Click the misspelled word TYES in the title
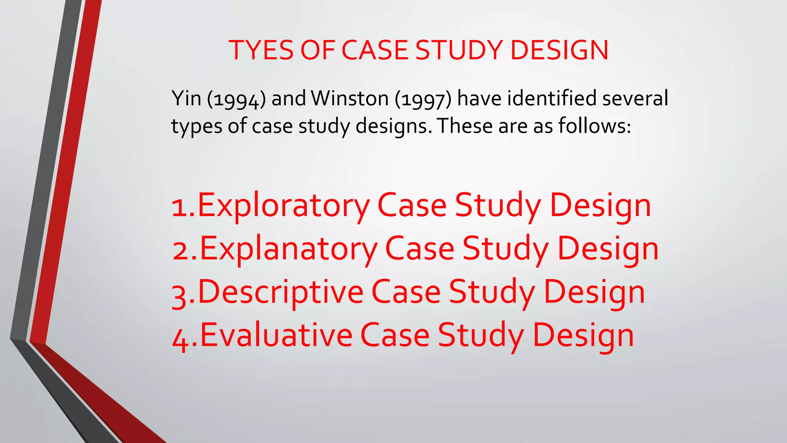pyautogui.click(x=262, y=50)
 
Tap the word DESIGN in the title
pyautogui.click(x=560, y=50)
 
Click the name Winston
pyautogui.click(x=350, y=98)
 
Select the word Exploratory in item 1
pyautogui.click(x=284, y=206)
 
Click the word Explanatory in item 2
pyautogui.click(x=289, y=249)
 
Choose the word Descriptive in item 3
pyautogui.click(x=281, y=292)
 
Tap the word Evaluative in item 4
pyautogui.click(x=276, y=335)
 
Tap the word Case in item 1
pyautogui.click(x=412, y=206)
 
